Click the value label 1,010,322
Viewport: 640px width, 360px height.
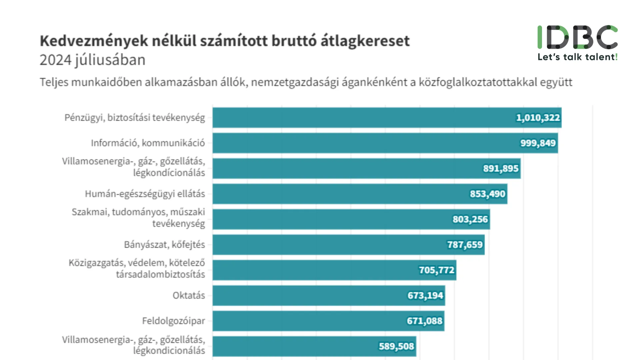coord(538,118)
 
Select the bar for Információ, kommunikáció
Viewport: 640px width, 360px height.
coord(367,143)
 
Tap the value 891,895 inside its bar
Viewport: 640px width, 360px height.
coord(501,168)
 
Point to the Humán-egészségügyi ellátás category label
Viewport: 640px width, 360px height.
coord(145,194)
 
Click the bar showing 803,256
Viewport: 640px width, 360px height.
coord(333,219)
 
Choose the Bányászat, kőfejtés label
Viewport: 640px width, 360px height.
coord(164,245)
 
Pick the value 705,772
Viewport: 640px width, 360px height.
coord(436,270)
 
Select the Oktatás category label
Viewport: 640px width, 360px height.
coord(189,295)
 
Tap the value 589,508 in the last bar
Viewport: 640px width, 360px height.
coord(396,346)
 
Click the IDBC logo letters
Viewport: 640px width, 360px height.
coord(577,37)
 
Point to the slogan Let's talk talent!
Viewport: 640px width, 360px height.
coord(577,57)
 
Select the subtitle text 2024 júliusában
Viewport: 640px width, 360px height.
coord(92,60)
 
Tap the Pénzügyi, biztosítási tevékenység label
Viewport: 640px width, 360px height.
coord(135,118)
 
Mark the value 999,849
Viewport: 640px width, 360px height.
coord(538,143)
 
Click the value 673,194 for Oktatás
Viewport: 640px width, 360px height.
coord(425,295)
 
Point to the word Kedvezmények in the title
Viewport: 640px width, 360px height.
coord(94,41)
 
